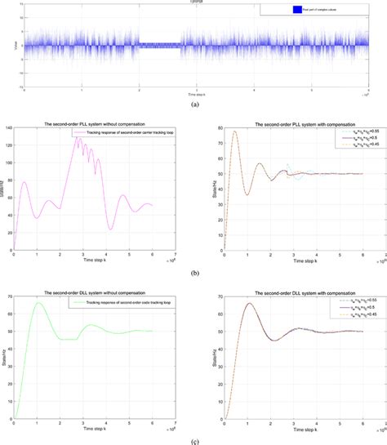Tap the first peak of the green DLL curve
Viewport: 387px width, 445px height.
tap(38, 303)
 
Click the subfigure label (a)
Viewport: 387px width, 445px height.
tap(193, 105)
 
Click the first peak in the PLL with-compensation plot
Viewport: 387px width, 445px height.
tap(235, 131)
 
